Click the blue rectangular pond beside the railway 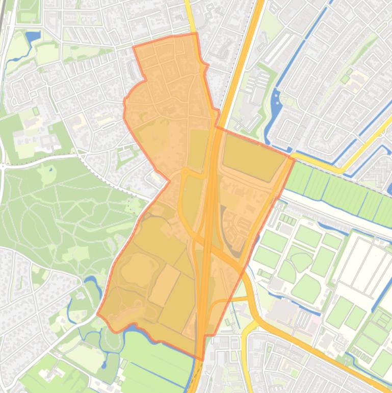(x=33, y=37)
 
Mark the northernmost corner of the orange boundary (x=196, y=34)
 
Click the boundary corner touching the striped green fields (x=295, y=159)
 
